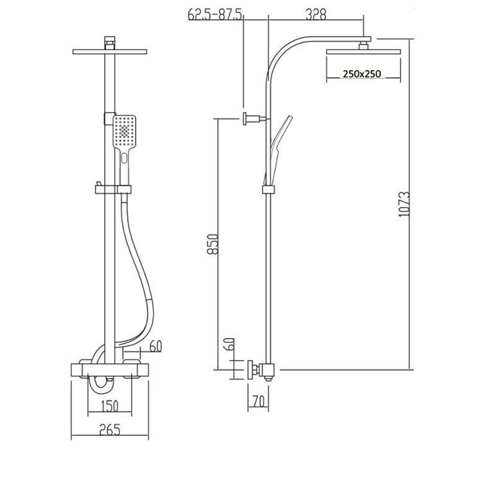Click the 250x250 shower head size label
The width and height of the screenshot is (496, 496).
click(361, 74)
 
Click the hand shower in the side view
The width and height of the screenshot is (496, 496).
click(278, 143)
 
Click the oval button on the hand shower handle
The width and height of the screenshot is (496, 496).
click(126, 160)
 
